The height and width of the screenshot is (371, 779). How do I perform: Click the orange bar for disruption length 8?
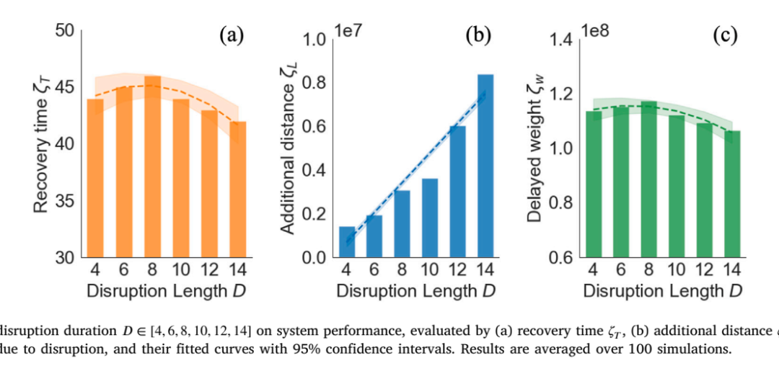(x=152, y=166)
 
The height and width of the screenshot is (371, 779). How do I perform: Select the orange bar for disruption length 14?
(x=237, y=189)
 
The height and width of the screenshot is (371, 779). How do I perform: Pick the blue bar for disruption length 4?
(x=347, y=242)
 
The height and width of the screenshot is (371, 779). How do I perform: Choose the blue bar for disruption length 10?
(x=430, y=218)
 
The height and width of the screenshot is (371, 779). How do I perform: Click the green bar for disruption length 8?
(x=649, y=179)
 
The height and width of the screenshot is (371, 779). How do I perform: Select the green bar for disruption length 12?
(x=704, y=190)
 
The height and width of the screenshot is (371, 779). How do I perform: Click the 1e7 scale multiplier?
(x=351, y=30)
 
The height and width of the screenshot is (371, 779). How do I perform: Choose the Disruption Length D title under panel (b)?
(x=416, y=290)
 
